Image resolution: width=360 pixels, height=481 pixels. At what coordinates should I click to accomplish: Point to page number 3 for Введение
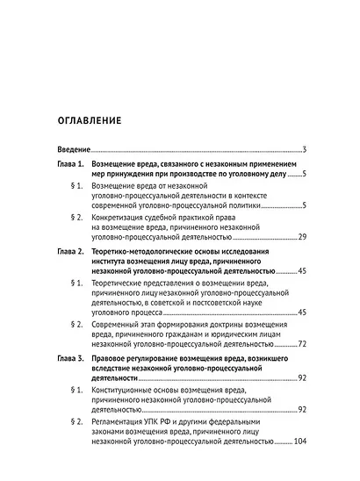[303, 148]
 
